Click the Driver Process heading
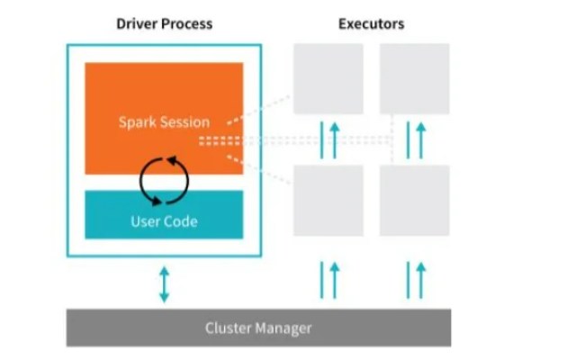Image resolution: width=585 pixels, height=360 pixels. [164, 23]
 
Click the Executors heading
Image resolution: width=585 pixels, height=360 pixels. [371, 23]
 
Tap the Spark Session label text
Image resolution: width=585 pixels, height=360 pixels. [164, 121]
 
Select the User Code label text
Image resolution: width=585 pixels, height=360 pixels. [164, 220]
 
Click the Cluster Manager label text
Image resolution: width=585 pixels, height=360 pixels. [257, 328]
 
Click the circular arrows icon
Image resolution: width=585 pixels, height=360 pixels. [164, 180]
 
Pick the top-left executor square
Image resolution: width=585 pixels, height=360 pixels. [328, 79]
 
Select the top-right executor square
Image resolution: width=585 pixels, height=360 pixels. [414, 79]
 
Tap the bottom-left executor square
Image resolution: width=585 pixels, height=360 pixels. [328, 200]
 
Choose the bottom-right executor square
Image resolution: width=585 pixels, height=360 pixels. [414, 200]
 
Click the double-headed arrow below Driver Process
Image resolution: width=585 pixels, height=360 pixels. [164, 283]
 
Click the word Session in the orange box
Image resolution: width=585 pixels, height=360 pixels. [185, 121]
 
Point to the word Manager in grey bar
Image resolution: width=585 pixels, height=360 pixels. [284, 328]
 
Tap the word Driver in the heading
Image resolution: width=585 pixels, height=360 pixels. [136, 23]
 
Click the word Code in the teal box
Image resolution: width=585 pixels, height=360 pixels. [181, 220]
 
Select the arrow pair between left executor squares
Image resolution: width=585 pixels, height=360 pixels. [328, 139]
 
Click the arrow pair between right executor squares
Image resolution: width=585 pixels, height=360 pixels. [414, 139]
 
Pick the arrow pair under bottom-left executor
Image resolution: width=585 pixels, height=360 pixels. [328, 280]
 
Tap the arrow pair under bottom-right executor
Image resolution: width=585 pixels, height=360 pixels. [414, 280]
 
